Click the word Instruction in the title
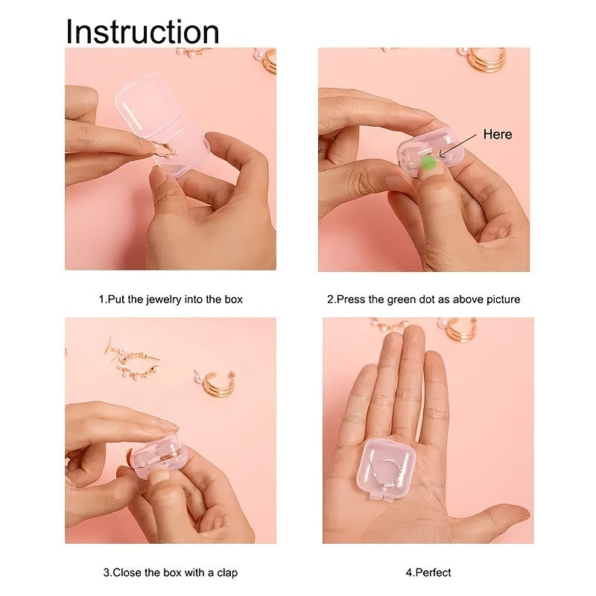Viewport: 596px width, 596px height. tap(142, 31)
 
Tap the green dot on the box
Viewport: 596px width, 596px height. tap(428, 164)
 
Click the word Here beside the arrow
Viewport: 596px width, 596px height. tap(498, 134)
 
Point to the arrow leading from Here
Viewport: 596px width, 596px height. tap(457, 144)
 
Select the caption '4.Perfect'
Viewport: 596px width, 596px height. tap(428, 572)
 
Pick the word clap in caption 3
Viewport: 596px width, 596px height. tap(227, 572)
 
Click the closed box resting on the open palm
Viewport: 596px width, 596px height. tap(386, 469)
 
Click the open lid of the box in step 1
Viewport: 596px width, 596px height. tap(148, 103)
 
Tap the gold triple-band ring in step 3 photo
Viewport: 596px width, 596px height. tap(215, 383)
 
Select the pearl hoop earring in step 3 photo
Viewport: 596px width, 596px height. tap(133, 360)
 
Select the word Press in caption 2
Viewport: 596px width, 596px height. tap(349, 299)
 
